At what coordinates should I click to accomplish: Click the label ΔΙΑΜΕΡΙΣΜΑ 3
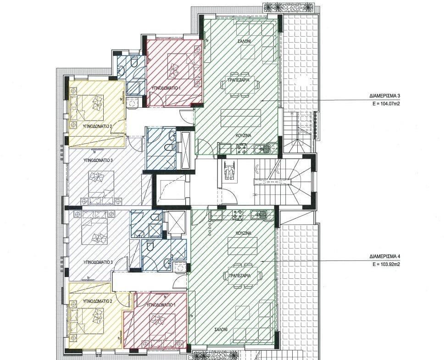point(385,96)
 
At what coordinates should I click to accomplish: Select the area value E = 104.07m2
point(386,104)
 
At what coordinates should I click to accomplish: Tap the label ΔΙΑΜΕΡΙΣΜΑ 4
point(385,256)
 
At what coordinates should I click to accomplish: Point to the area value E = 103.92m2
point(386,264)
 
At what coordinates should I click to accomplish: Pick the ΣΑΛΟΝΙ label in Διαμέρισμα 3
point(244,41)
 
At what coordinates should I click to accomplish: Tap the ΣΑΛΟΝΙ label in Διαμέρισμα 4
point(221,330)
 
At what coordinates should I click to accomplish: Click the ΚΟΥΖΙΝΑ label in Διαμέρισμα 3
point(244,136)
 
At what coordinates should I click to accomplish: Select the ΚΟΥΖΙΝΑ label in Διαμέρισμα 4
point(244,233)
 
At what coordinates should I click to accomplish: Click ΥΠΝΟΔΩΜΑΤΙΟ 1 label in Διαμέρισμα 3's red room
point(166,88)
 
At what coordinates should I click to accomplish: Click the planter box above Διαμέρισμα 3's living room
point(288,7)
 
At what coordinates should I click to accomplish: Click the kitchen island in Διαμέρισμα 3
point(241,118)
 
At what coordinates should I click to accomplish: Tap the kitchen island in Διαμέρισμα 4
point(242,246)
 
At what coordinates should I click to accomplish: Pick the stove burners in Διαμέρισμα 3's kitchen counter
point(241,149)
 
